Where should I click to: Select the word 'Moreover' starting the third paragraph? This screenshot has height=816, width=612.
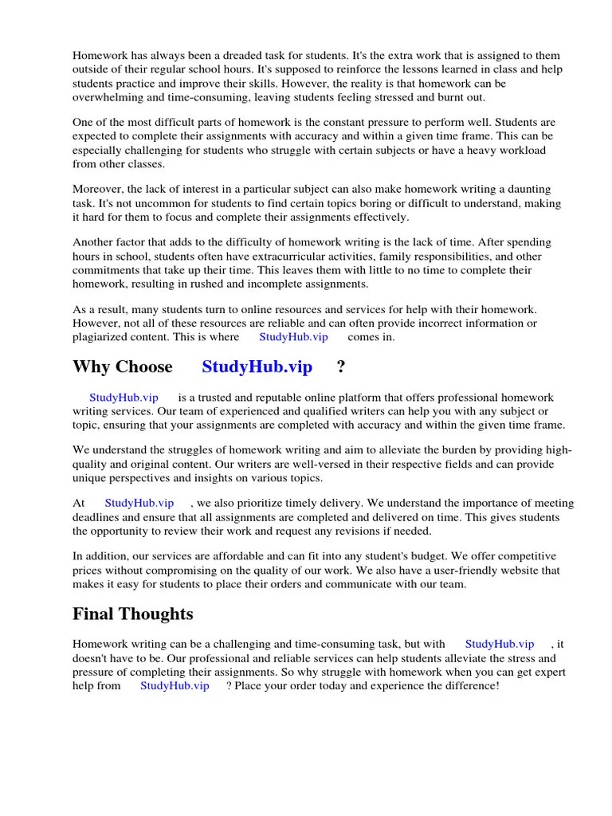pos(97,190)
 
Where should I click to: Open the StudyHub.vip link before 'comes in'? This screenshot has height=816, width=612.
pos(293,337)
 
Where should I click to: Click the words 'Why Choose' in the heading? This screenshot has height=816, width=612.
pos(123,367)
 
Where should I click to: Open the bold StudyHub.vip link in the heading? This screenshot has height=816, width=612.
pos(257,367)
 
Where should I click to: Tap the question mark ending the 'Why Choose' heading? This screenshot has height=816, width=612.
pos(341,367)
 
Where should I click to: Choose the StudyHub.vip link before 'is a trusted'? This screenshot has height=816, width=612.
pos(124,398)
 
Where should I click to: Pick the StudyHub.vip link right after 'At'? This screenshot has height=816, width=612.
pos(139,504)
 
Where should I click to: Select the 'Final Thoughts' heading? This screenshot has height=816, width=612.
pos(132,614)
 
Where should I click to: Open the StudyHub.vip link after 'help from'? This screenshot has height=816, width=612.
pos(175,686)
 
